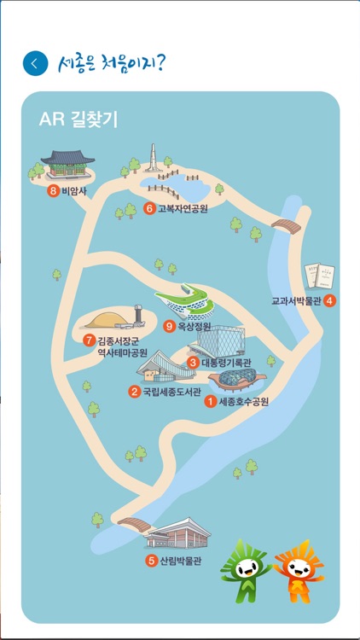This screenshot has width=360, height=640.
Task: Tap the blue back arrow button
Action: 35,63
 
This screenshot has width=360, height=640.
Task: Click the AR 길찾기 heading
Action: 78,119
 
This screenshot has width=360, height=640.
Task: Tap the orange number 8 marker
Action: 54,191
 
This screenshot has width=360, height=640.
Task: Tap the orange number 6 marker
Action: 149,208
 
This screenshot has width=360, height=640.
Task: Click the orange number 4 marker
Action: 329,300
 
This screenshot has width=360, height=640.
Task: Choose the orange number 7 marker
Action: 88,340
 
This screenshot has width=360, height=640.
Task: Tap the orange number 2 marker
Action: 134,393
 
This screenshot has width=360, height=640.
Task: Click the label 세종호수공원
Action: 243,401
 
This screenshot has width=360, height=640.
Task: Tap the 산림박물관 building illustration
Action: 177,533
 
